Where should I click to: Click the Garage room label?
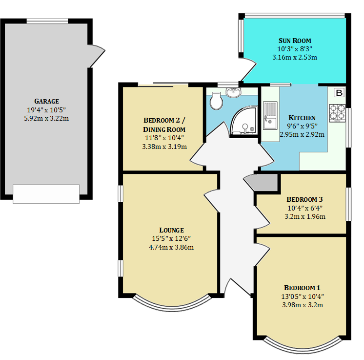(x=46, y=101)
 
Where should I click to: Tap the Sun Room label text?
(x=295, y=41)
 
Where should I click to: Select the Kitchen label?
(x=302, y=118)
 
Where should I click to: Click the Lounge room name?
(x=171, y=230)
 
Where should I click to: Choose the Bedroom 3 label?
(x=304, y=199)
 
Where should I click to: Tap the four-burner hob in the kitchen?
(x=337, y=113)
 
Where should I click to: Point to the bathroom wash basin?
(x=235, y=91)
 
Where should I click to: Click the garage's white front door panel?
(x=46, y=194)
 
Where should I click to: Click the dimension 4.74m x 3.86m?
(x=171, y=247)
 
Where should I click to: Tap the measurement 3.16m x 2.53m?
(x=295, y=58)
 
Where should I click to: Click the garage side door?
(x=97, y=54)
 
